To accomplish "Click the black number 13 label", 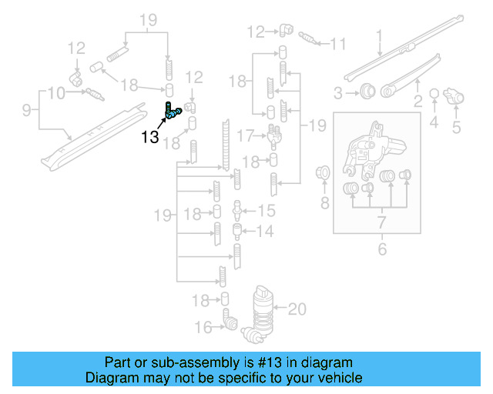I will tap(149, 138).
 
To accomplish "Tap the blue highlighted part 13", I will tap(171, 112).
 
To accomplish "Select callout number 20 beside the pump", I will tap(297, 309).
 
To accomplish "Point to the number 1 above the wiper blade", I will tap(379, 35).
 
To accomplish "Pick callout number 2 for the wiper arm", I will tap(418, 100).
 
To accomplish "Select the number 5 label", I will tap(456, 127).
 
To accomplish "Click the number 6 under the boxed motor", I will tap(380, 249).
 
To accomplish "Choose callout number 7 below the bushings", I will tap(380, 223).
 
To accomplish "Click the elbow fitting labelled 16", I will tap(229, 319).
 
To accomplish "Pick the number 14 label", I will tap(266, 230).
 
